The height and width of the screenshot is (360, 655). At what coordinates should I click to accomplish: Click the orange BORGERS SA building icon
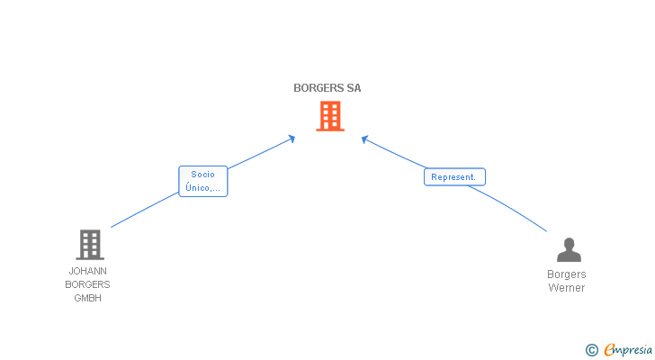pos(330,116)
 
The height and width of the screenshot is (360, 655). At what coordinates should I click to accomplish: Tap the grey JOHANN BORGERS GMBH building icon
pos(89,245)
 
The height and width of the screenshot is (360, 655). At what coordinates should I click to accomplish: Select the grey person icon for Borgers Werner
pos(569,250)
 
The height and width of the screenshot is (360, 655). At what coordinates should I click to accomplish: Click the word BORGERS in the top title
pos(318,88)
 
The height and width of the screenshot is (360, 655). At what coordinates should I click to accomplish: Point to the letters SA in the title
pos(354,88)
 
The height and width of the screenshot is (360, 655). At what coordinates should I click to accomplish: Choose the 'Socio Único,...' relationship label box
pos(202,181)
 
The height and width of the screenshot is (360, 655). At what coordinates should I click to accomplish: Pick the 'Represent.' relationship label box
pos(454,177)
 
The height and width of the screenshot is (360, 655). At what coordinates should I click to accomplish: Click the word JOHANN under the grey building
pos(88,270)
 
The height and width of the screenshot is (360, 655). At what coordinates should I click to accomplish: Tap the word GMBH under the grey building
pos(88,299)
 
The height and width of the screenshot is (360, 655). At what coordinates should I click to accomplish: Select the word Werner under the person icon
pos(567,288)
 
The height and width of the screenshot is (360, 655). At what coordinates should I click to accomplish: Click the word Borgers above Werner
pos(567,274)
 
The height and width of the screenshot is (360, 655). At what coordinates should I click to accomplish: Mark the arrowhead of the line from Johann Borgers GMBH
pos(292,138)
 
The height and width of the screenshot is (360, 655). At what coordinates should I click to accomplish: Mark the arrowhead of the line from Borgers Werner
pos(364,139)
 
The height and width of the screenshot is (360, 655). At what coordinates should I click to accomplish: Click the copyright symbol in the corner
pos(591,350)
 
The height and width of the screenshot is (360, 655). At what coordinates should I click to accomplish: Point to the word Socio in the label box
pos(202,175)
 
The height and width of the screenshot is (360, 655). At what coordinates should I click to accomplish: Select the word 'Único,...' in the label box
pos(202,188)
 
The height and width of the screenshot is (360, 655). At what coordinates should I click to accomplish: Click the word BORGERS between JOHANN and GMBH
pos(88,284)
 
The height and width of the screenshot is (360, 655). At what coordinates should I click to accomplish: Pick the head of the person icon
pos(569,243)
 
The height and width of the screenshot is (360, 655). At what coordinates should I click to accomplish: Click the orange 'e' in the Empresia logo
pos(609,350)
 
